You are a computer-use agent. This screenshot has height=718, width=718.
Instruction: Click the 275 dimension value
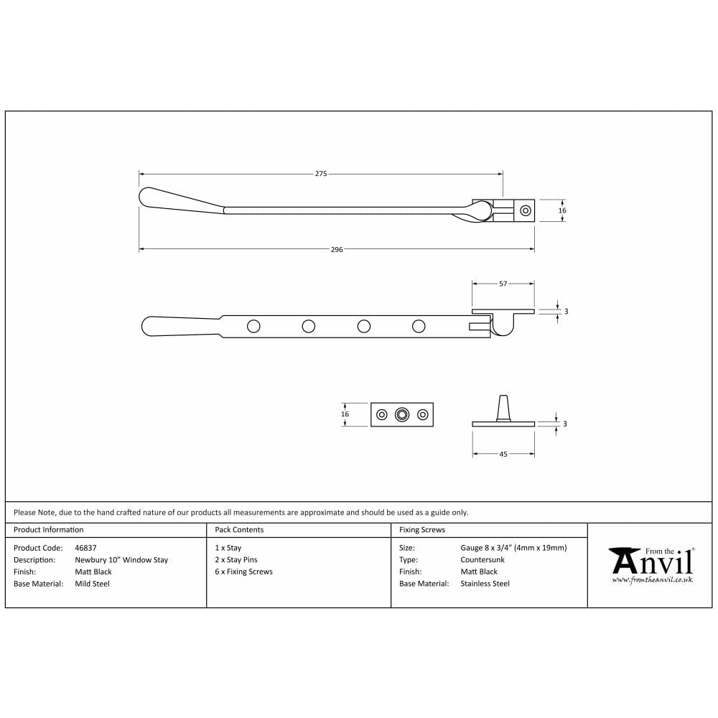pyautogui.click(x=321, y=174)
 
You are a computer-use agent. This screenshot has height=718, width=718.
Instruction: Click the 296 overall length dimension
pyautogui.click(x=337, y=249)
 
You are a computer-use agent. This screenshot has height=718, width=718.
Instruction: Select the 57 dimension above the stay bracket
pyautogui.click(x=503, y=284)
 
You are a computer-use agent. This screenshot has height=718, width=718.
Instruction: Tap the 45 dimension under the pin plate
pyautogui.click(x=503, y=454)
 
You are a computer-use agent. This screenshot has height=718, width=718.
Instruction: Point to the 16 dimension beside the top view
pyautogui.click(x=562, y=210)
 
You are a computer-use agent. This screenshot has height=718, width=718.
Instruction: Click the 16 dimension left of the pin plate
pyautogui.click(x=345, y=414)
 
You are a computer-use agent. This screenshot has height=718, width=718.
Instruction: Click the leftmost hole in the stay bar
pyautogui.click(x=253, y=327)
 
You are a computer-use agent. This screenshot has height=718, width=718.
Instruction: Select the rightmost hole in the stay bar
pyautogui.click(x=419, y=327)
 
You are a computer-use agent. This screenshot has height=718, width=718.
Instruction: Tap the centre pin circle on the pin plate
pyautogui.click(x=402, y=414)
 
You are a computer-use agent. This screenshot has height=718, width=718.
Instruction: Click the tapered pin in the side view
pyautogui.click(x=503, y=407)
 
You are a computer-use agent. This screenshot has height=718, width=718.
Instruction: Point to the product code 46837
pyautogui.click(x=85, y=548)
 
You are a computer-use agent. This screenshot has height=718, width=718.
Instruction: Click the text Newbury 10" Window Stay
pyautogui.click(x=121, y=560)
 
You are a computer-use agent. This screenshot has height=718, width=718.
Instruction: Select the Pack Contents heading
pyautogui.click(x=239, y=530)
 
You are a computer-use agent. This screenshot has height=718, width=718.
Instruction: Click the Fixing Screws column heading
pyautogui.click(x=422, y=530)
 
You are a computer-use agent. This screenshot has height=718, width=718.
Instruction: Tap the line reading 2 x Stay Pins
pyautogui.click(x=236, y=560)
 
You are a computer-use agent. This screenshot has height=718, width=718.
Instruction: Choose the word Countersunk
pyautogui.click(x=482, y=560)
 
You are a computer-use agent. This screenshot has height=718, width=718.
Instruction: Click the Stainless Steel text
pyautogui.click(x=485, y=584)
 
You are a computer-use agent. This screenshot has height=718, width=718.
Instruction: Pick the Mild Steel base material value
pyautogui.click(x=93, y=584)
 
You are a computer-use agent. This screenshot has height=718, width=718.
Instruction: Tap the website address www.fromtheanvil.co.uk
pyautogui.click(x=652, y=579)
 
